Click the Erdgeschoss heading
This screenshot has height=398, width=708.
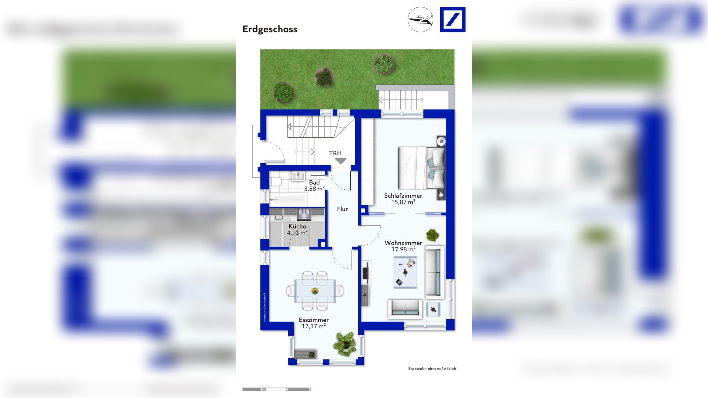[x=270, y=29]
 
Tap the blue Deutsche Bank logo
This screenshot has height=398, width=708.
[x=452, y=20]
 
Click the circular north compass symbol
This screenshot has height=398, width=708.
[x=420, y=20]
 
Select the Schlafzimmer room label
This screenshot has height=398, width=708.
[x=403, y=196]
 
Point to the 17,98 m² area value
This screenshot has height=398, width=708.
[x=403, y=249]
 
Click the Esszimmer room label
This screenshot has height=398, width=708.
[x=314, y=320]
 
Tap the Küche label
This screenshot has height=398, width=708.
[x=297, y=226]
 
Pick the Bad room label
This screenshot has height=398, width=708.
[x=314, y=182]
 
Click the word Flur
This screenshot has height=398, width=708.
[x=342, y=209]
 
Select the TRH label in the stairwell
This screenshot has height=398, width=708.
[x=335, y=153]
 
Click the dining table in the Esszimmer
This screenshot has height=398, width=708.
[x=315, y=291]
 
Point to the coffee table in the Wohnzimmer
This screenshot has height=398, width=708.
[x=405, y=272]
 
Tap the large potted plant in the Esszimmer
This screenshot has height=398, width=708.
[x=345, y=344]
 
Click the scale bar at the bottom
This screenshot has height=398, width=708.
[x=277, y=389]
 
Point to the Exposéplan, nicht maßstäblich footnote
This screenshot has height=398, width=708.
[x=432, y=369]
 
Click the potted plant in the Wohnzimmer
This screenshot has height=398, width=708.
[x=433, y=235]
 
